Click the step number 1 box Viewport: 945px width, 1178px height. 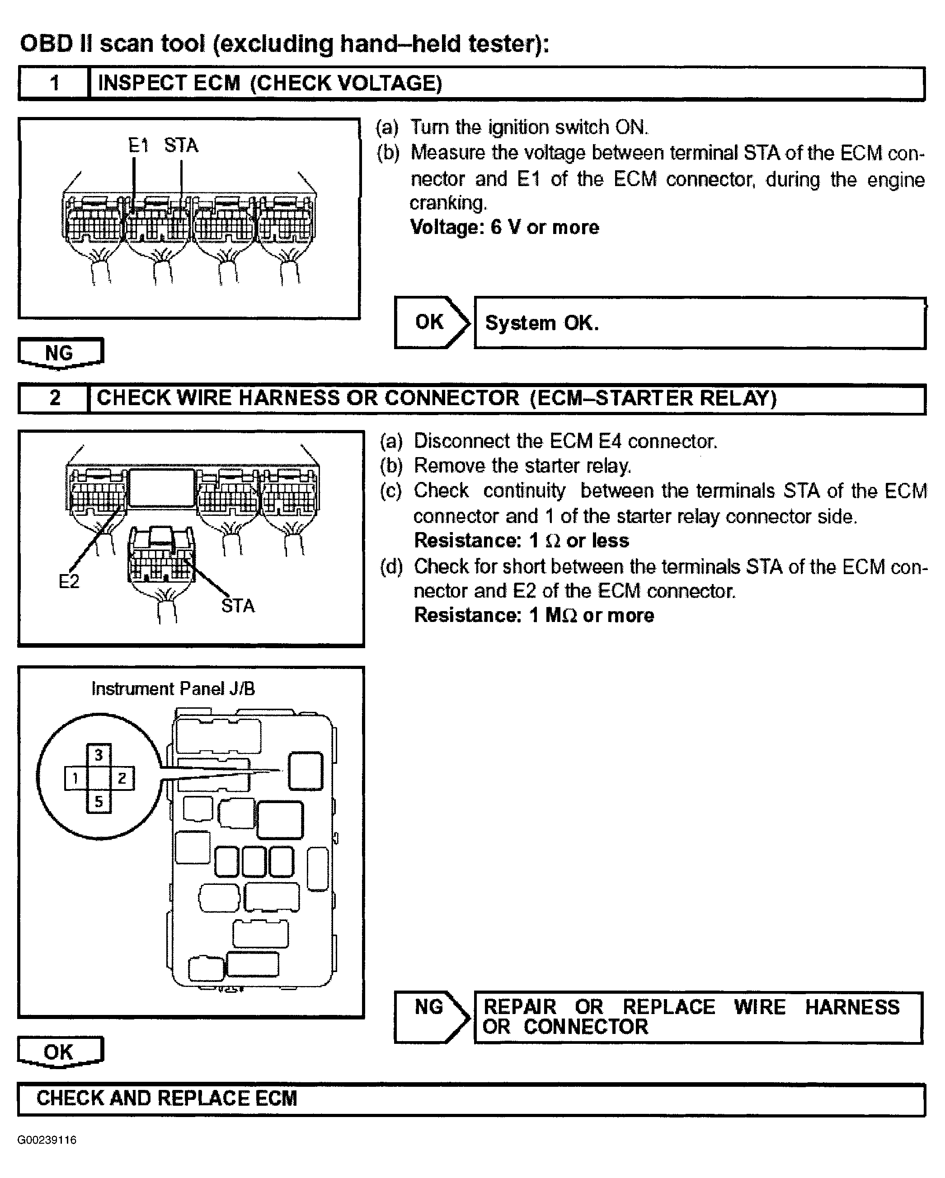click(x=54, y=84)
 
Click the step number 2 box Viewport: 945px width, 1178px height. click(x=54, y=398)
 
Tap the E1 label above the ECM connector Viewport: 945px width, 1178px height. click(x=138, y=146)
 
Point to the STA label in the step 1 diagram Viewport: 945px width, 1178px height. click(x=181, y=146)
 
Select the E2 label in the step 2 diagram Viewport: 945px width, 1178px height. click(x=69, y=581)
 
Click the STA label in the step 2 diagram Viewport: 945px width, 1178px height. click(x=238, y=606)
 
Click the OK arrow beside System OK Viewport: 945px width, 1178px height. click(x=431, y=323)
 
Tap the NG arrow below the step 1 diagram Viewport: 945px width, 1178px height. click(x=60, y=353)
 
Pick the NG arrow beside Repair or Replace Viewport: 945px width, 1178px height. click(x=431, y=1017)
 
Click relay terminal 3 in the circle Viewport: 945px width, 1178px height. click(x=99, y=755)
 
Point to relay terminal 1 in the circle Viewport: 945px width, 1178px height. click(x=75, y=778)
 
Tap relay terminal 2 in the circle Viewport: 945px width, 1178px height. click(x=122, y=778)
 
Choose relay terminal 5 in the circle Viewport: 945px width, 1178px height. click(x=99, y=802)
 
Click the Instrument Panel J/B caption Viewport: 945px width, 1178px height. click(x=173, y=688)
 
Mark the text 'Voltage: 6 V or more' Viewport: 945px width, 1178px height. click(x=504, y=227)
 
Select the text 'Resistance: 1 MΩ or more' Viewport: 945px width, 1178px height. click(x=534, y=615)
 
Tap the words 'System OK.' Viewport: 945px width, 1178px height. click(x=541, y=323)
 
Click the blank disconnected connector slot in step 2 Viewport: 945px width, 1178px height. click(x=161, y=488)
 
